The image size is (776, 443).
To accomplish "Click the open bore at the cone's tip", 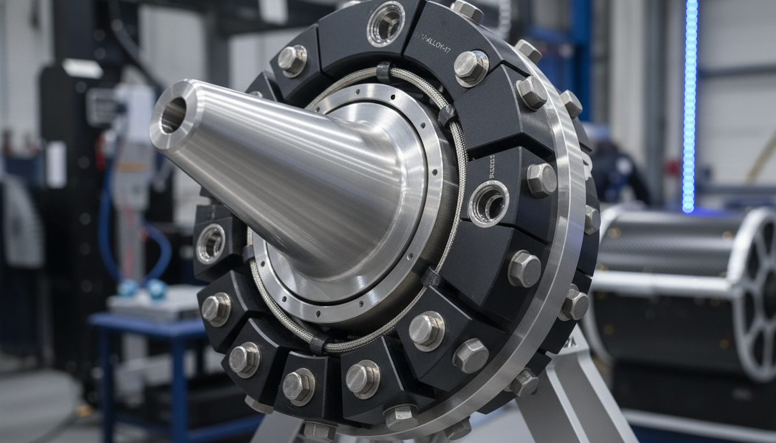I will point(173,115).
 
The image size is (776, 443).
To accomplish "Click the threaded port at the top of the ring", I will point(386,24).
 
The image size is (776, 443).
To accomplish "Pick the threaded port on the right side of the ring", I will point(488,203).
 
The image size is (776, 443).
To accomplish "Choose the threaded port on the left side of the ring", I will point(211,243).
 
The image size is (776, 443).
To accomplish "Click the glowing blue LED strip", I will point(689,104).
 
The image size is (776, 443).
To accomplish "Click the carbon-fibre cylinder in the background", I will point(664,242).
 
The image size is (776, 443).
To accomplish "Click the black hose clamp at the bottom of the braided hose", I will point(318,344).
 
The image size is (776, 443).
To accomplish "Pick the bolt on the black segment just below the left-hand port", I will point(215,307).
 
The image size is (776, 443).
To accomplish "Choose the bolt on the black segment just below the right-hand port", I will point(524,268).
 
